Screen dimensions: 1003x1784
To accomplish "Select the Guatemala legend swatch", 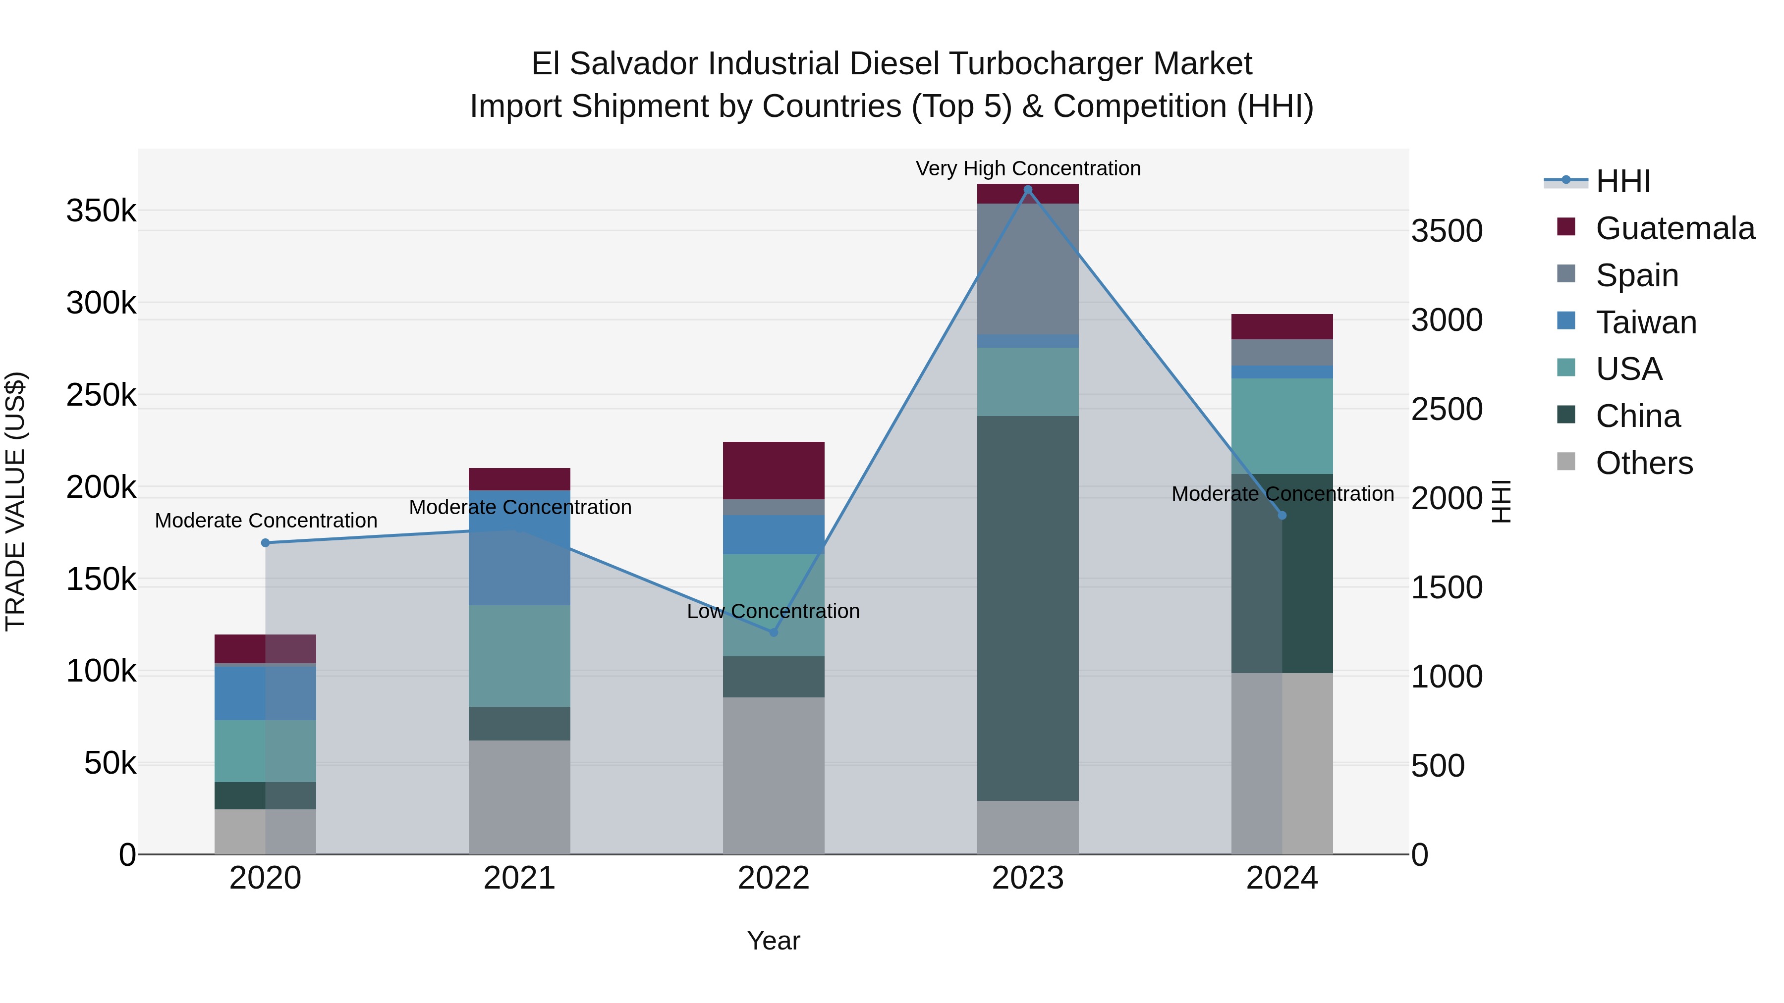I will pos(1566,227).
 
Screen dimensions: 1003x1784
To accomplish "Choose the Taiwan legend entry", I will pos(1645,322).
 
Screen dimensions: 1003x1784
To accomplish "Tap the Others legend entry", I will pos(1643,463).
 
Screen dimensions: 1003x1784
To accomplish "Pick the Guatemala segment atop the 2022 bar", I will pos(774,470).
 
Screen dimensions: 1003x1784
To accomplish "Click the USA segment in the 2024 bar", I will pos(1282,425).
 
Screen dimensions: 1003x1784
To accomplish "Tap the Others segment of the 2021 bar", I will pos(519,797).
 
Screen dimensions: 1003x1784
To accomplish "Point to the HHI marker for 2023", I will pos(1028,190).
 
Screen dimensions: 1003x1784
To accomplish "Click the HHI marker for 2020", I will pos(265,543).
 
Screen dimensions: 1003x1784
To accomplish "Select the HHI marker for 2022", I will pos(774,632).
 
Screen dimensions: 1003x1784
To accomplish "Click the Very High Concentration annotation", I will pos(1028,168).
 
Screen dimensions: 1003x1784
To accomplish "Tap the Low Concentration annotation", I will pos(773,611).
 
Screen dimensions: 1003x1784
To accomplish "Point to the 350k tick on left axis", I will pos(101,211).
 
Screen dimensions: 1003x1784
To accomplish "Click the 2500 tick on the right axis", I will pos(1447,409).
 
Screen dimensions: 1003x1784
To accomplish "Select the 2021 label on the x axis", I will pos(519,878).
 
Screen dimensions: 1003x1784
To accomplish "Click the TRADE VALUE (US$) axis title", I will pos(15,501).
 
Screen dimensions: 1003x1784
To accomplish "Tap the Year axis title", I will pos(774,941).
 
